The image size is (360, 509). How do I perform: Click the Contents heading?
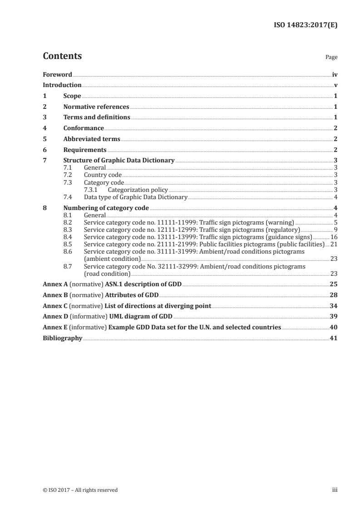pyautogui.click(x=62, y=56)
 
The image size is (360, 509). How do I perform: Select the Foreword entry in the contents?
pyautogui.click(x=57, y=74)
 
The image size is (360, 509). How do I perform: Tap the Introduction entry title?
pyautogui.click(x=62, y=85)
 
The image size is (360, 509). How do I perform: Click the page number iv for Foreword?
pyautogui.click(x=335, y=74)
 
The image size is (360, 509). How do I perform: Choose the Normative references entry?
pyautogui.click(x=96, y=107)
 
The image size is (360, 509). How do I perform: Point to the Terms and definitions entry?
pyautogui.click(x=97, y=117)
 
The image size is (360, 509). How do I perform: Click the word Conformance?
pyautogui.click(x=84, y=128)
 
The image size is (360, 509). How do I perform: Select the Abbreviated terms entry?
pyautogui.click(x=92, y=139)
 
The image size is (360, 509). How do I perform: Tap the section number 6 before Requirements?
pyautogui.click(x=44, y=150)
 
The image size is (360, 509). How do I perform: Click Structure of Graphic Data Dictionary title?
pyautogui.click(x=119, y=161)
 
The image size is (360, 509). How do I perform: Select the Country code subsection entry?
pyautogui.click(x=103, y=175)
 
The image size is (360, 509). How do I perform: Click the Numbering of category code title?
pyautogui.click(x=106, y=208)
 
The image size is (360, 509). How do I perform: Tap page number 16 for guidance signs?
pyautogui.click(x=334, y=237)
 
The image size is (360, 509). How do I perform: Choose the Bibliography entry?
pyautogui.click(x=63, y=338)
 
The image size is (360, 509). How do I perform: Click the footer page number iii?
pyautogui.click(x=335, y=490)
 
